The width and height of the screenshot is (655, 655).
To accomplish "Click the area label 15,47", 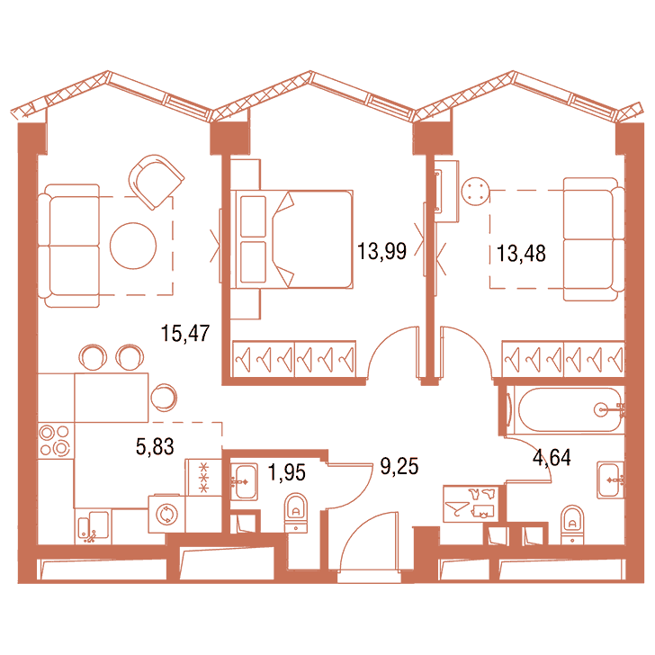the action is click(185, 333).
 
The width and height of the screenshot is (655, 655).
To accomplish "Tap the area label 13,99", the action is click(381, 251).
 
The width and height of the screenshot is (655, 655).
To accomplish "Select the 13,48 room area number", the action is click(521, 253).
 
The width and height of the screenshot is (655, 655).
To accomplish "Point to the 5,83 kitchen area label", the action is click(155, 446).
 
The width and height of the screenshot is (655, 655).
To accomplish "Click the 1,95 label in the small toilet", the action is click(286, 472).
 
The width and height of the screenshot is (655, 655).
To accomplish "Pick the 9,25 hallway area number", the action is click(399, 466).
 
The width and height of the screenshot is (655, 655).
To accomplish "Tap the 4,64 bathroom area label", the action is click(552, 457).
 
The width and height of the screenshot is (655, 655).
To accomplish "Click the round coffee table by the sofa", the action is click(133, 246).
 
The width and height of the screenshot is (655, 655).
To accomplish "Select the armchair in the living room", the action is click(157, 182).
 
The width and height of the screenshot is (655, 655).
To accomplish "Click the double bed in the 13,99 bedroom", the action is click(292, 239).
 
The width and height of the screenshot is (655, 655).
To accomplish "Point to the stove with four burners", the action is click(55, 441).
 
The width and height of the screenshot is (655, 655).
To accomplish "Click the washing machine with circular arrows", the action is click(166, 515).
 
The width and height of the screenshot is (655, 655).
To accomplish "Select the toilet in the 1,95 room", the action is click(296, 513).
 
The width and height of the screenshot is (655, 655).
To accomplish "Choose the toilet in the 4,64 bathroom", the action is click(572, 525).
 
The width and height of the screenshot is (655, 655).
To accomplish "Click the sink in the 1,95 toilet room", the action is click(244, 481).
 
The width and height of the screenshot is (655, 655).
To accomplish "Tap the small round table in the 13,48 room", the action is click(475, 192).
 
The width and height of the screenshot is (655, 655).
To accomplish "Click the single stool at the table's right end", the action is click(164, 398).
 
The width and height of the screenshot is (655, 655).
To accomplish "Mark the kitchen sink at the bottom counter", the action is click(94, 526).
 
